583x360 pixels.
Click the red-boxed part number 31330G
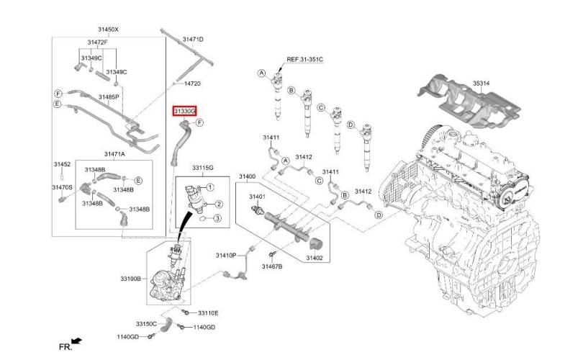184,111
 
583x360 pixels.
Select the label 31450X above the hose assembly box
108,29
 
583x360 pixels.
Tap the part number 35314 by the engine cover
481,84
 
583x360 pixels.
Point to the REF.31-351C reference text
304,59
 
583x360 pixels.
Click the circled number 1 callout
210,187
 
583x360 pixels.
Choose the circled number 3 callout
217,218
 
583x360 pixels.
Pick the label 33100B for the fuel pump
130,278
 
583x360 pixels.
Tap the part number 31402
315,258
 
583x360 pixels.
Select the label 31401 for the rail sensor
257,197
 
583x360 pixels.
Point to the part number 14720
192,84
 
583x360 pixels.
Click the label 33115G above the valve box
203,168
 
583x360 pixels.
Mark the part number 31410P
226,255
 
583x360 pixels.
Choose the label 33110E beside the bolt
208,312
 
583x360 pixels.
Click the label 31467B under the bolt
272,266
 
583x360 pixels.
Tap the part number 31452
62,164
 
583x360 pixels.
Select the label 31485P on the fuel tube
109,96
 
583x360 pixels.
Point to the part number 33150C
146,324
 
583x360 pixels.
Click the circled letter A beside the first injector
262,73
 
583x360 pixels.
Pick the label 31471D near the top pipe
193,39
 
